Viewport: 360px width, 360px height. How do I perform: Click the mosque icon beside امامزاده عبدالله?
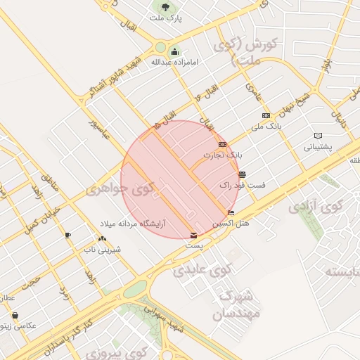[175, 51]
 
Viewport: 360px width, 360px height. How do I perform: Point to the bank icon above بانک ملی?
[266, 115]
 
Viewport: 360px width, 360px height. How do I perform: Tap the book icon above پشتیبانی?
[318, 136]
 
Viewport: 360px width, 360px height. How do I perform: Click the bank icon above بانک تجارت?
[222, 144]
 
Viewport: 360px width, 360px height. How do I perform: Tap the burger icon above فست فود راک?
[242, 174]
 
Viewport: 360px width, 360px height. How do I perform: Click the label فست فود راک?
[242, 185]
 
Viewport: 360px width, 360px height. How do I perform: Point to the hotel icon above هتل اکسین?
[231, 212]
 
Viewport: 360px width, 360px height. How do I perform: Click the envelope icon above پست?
[194, 236]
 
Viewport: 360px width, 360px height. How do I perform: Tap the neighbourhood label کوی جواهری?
[119, 188]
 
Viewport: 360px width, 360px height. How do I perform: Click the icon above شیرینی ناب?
[103, 239]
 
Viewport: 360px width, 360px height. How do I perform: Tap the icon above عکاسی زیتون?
[15, 316]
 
